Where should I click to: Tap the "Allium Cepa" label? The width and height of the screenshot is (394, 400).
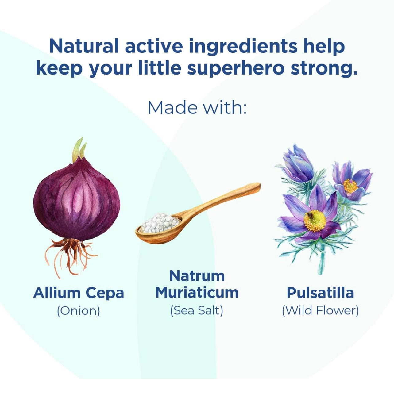(x=79, y=293)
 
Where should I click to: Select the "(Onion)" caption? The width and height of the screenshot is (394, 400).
(x=79, y=311)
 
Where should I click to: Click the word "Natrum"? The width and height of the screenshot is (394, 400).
(x=197, y=276)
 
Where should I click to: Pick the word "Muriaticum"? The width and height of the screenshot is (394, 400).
(x=197, y=292)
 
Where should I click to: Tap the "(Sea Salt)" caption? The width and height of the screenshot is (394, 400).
(x=196, y=311)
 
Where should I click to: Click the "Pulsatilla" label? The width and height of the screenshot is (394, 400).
(x=320, y=293)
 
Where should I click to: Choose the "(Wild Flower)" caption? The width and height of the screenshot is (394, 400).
(x=320, y=311)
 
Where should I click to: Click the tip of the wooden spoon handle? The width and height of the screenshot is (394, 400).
(x=259, y=184)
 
